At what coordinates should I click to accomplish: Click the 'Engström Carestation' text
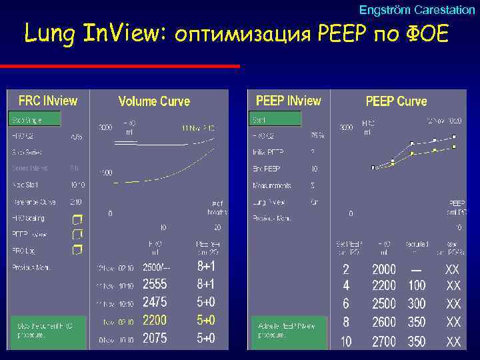click(x=417, y=10)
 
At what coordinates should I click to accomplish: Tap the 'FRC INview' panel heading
click(x=47, y=101)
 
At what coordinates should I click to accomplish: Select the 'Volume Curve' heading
click(x=154, y=101)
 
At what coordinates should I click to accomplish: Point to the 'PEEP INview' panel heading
click(x=288, y=101)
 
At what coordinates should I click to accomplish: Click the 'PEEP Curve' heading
click(x=396, y=101)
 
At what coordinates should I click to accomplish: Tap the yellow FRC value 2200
click(x=155, y=320)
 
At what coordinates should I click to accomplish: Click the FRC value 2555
click(x=155, y=284)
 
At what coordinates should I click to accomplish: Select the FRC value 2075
click(x=155, y=338)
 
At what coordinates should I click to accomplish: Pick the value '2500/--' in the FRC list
click(x=157, y=267)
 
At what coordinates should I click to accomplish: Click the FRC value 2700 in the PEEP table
click(x=383, y=341)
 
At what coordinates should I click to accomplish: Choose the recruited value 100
click(x=417, y=285)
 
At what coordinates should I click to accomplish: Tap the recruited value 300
click(x=417, y=304)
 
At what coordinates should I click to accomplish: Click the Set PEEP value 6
click(x=345, y=304)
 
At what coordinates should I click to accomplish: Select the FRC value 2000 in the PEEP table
click(x=383, y=269)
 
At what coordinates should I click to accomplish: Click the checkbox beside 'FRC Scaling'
click(x=77, y=219)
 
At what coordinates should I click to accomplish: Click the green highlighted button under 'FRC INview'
click(x=34, y=119)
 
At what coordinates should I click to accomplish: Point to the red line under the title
click(x=120, y=66)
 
